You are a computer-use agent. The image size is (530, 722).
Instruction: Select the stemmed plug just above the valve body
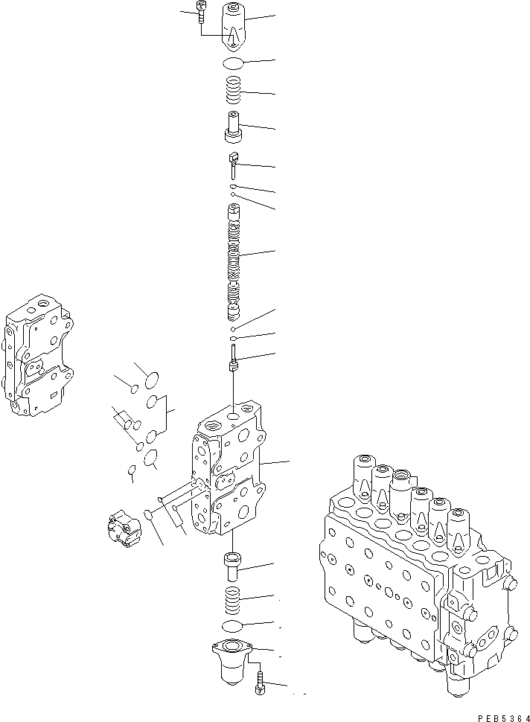click(x=234, y=362)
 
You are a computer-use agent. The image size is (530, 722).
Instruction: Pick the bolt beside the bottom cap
click(x=259, y=682)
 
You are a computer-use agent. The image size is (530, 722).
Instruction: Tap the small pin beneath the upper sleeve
click(x=233, y=162)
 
